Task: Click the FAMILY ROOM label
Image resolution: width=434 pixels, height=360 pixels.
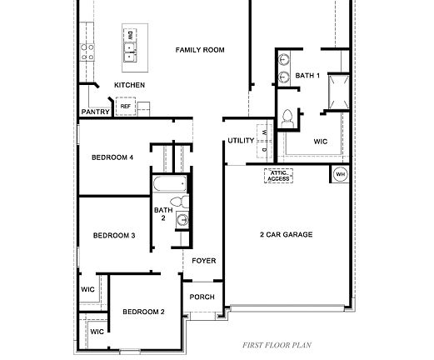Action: [200, 50]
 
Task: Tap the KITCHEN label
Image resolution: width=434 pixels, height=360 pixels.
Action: [129, 85]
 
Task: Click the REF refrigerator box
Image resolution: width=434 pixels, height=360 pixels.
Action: [126, 107]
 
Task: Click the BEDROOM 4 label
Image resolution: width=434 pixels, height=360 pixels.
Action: [112, 157]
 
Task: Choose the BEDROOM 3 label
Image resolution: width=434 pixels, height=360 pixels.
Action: [114, 236]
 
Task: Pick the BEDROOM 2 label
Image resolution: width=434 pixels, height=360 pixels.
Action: [143, 312]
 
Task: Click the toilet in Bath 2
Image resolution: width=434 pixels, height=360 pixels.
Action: [177, 202]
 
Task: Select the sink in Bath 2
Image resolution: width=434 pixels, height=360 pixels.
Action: [182, 220]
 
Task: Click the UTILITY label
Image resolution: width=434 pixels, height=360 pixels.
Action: [241, 141]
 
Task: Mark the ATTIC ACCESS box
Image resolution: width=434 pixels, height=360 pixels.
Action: [278, 176]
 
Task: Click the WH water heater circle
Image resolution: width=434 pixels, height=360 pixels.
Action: [340, 174]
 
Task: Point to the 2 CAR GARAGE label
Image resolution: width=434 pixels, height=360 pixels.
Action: [286, 235]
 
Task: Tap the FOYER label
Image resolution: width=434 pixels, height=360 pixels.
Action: [204, 261]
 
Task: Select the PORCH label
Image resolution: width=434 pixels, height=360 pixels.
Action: [202, 297]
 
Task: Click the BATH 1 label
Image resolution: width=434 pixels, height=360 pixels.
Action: [307, 76]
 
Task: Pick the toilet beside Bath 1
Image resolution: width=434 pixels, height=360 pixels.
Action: [288, 118]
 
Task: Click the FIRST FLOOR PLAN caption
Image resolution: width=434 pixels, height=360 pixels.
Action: [276, 343]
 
